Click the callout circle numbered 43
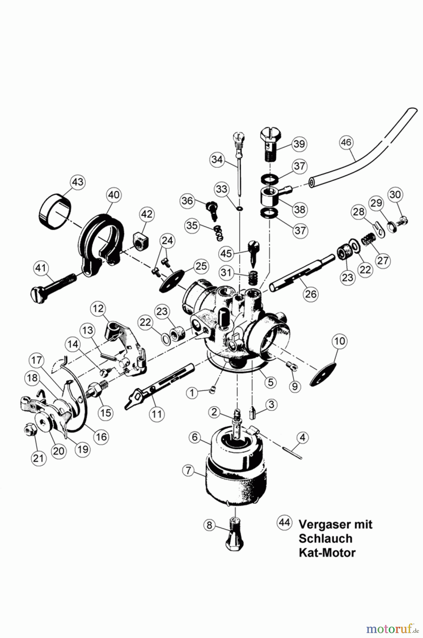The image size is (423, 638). pyautogui.click(x=78, y=182)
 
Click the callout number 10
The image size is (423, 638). pyautogui.click(x=340, y=341)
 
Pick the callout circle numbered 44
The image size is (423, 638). pyautogui.click(x=284, y=522)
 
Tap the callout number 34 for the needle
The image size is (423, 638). pyautogui.click(x=217, y=159)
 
